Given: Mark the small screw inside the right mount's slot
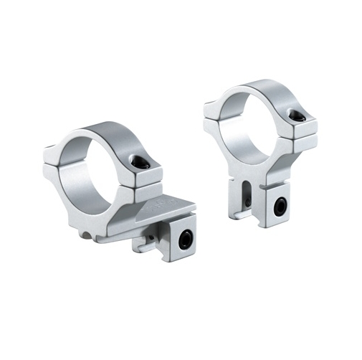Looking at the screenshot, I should tap(247, 203).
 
